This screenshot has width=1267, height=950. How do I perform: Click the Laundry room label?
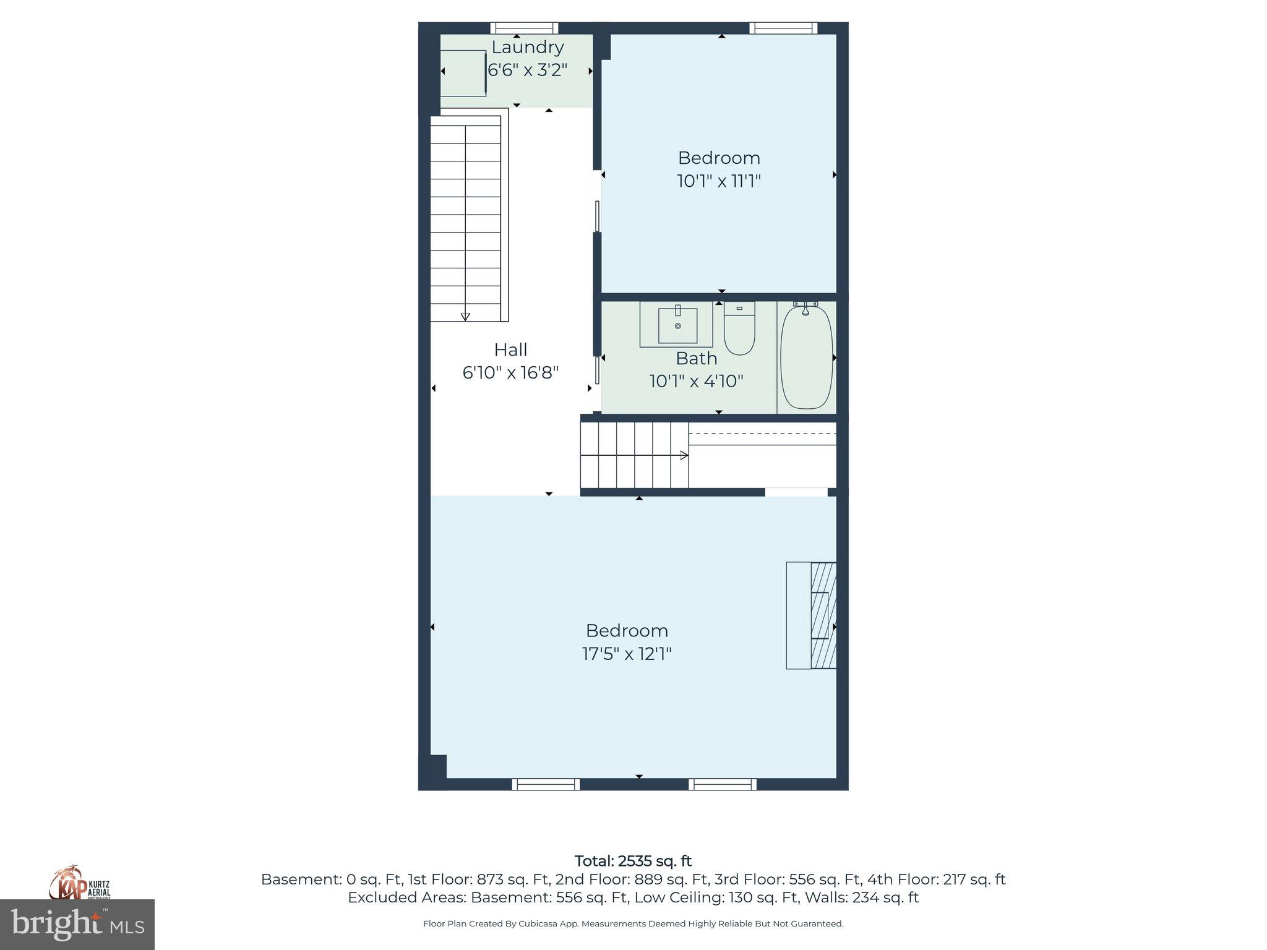point(527,48)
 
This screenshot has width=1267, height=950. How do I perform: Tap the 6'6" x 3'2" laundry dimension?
point(527,70)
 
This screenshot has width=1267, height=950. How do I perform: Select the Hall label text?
point(510,350)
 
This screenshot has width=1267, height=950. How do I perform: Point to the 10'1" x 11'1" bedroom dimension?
point(719,181)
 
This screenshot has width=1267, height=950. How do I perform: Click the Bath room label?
point(696,358)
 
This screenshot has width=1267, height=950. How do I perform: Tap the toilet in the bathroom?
point(739,328)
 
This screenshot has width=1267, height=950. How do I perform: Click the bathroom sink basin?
point(677,325)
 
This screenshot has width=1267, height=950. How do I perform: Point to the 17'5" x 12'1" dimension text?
point(627,654)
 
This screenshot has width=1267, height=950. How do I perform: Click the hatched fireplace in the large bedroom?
point(823,615)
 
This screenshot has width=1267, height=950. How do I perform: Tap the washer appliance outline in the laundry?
point(463,73)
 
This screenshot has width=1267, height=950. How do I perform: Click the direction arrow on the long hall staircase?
point(465,317)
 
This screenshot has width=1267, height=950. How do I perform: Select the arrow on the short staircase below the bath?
point(684,455)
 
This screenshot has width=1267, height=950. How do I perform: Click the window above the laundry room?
point(524,28)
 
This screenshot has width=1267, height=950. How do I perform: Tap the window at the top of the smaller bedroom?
point(783,28)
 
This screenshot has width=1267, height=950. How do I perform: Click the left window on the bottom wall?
point(546,784)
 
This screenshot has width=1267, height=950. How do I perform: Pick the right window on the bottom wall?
point(723,784)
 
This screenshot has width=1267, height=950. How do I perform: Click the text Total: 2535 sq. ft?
point(633,861)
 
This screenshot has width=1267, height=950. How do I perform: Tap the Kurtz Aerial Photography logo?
point(80,883)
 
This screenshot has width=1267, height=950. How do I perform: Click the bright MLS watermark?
point(77,925)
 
